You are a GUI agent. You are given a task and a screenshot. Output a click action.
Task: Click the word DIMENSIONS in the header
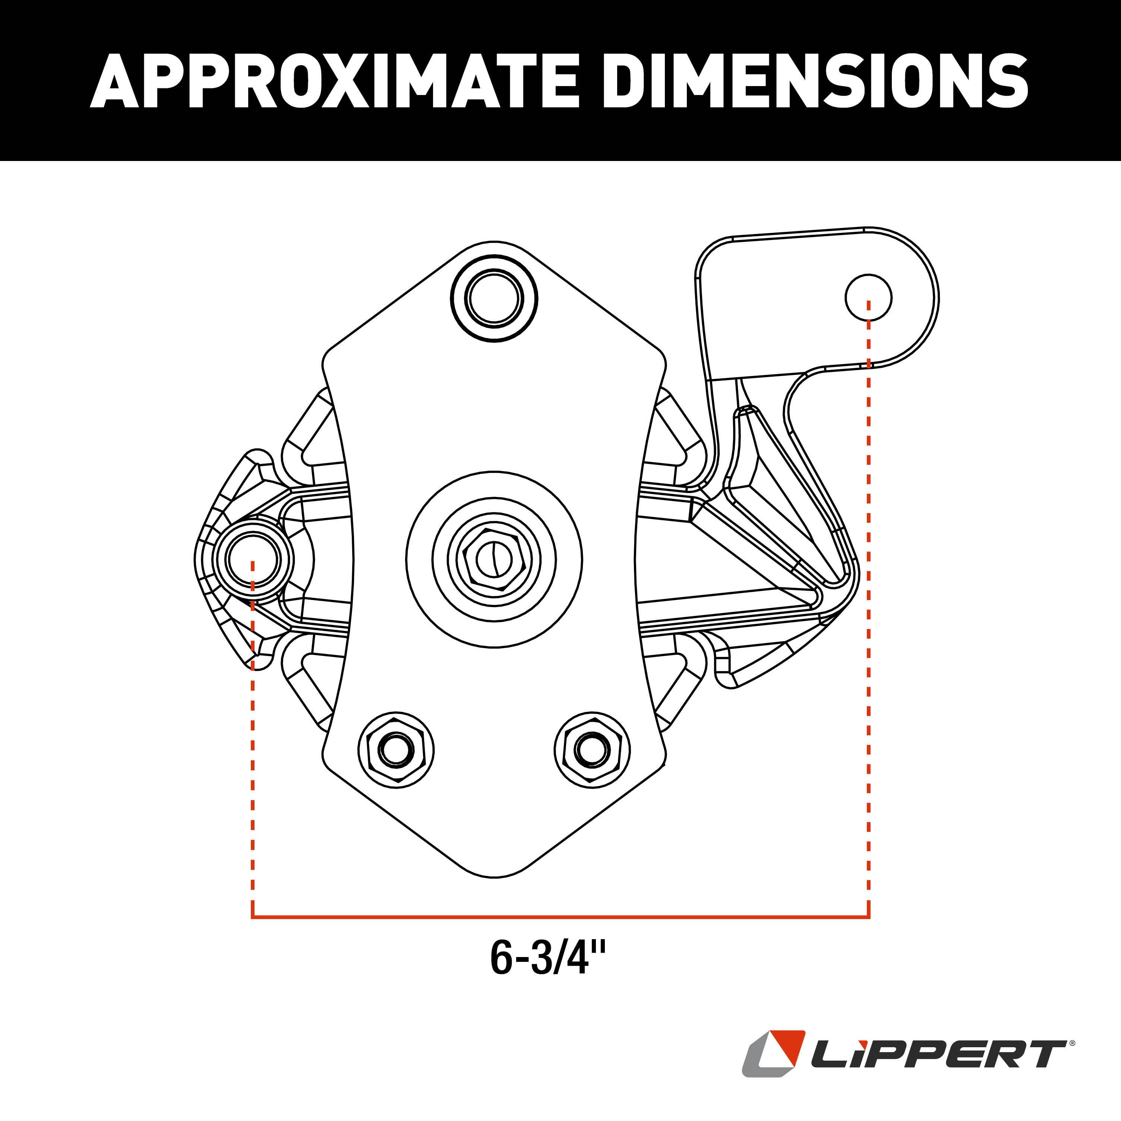815,81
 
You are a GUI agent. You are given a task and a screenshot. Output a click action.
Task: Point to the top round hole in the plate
494,299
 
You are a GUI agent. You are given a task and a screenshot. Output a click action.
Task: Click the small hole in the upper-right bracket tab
868,298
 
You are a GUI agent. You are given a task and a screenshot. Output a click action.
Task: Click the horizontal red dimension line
560,918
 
